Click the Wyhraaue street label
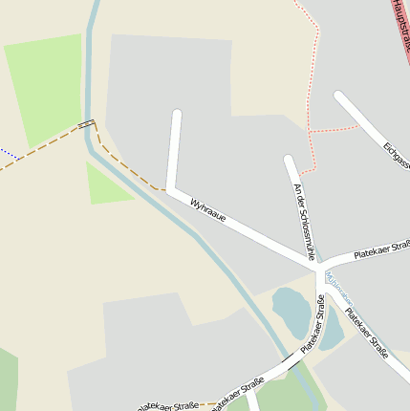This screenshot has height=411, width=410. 208,211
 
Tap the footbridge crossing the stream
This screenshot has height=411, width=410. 87,124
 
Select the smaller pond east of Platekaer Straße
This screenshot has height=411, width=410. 332,332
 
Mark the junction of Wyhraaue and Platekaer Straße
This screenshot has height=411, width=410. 318,263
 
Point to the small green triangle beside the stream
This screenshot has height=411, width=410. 107,185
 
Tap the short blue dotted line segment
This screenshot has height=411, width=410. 9,153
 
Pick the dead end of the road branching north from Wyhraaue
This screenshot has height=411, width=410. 176,115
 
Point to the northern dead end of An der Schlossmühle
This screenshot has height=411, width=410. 288,160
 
